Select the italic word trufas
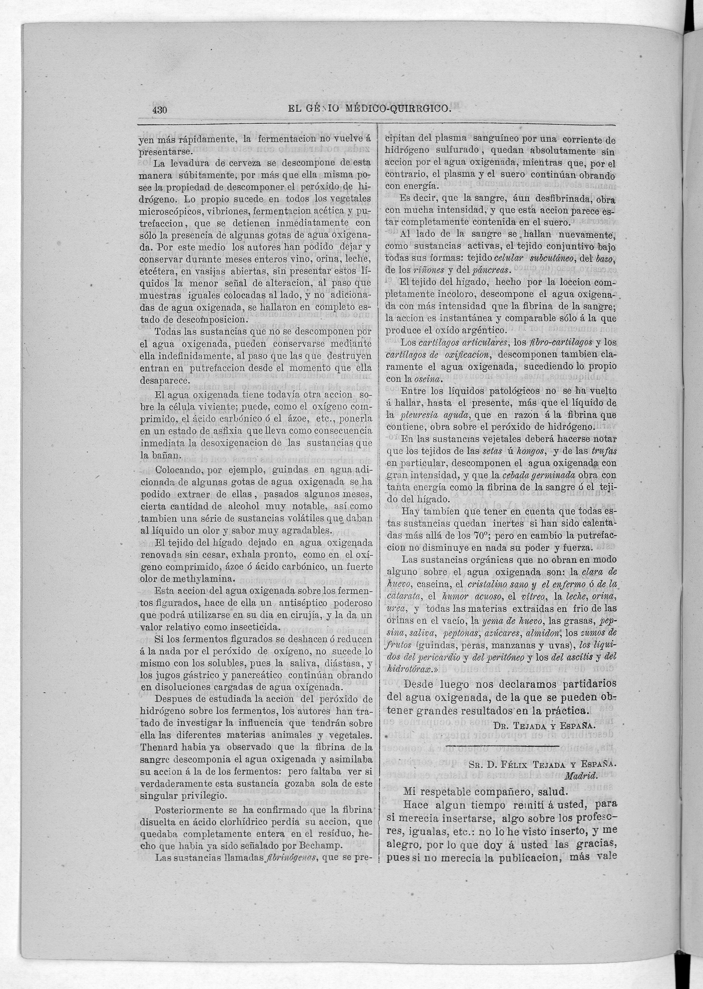(x=605, y=451)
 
